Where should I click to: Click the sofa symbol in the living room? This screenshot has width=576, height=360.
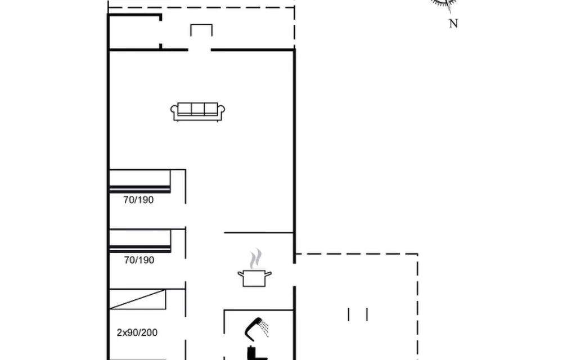click(197, 112)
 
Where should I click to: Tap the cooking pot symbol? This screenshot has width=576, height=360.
click(255, 278)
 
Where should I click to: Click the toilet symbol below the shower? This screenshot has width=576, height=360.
click(256, 353)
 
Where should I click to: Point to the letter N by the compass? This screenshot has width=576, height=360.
click(453, 24)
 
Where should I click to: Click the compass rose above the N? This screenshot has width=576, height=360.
click(444, 4)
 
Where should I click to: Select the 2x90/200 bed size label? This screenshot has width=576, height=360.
click(137, 332)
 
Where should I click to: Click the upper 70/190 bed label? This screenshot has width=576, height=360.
click(138, 200)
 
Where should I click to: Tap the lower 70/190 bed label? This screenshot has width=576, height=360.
click(139, 260)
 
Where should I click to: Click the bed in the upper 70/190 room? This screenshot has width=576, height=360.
click(140, 181)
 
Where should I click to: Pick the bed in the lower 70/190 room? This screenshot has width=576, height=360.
click(140, 241)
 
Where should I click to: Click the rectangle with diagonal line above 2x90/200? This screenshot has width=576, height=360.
click(138, 299)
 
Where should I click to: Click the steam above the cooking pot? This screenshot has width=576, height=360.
click(256, 259)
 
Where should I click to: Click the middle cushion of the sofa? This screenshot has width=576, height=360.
click(197, 109)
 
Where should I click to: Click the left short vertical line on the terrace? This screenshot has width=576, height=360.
click(349, 314)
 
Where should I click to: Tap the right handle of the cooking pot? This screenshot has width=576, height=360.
click(268, 274)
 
